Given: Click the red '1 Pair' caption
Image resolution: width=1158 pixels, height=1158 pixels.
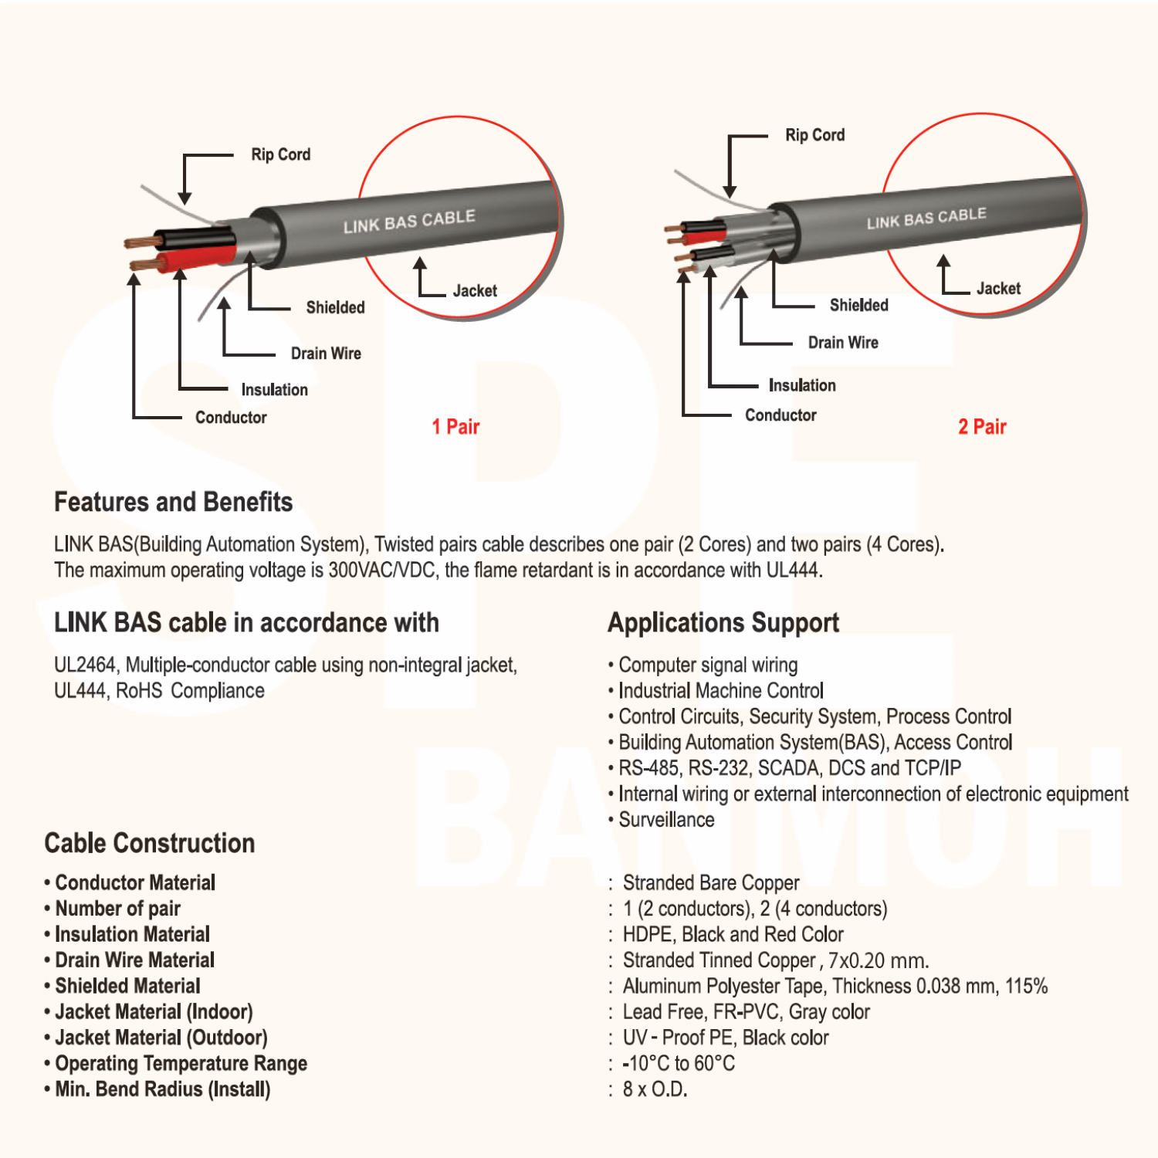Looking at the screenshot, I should pyautogui.click(x=455, y=426).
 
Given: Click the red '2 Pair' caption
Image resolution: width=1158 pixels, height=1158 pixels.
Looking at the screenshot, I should pyautogui.click(x=982, y=426).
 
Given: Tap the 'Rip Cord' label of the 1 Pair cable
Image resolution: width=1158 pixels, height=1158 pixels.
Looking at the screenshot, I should pyautogui.click(x=280, y=154).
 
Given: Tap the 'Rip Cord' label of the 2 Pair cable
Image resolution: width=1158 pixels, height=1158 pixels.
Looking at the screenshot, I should pyautogui.click(x=814, y=135).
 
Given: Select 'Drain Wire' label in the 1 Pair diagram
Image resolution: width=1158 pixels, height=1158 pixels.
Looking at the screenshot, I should pyautogui.click(x=326, y=354).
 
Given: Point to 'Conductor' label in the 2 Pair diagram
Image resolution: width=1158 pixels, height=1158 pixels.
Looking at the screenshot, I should pyautogui.click(x=780, y=415).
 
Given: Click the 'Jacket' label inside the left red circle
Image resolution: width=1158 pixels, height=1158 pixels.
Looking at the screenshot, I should pyautogui.click(x=475, y=291).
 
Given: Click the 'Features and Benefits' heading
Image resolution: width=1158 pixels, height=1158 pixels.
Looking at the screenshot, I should pyautogui.click(x=173, y=503).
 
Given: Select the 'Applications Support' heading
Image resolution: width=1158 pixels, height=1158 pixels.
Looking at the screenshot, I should pyautogui.click(x=723, y=623).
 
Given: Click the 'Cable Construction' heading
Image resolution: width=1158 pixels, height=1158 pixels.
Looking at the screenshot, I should pyautogui.click(x=150, y=843).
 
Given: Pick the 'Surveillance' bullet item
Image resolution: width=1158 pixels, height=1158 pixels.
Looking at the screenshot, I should pyautogui.click(x=666, y=820).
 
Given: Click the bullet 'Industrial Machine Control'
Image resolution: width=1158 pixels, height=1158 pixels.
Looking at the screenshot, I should pyautogui.click(x=720, y=691).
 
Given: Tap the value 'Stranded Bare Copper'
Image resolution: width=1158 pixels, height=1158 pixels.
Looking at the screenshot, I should pyautogui.click(x=710, y=882).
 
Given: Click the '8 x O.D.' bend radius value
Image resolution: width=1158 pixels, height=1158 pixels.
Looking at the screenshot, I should pyautogui.click(x=655, y=1089).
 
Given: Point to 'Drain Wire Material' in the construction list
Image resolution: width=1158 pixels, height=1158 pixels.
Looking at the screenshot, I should pyautogui.click(x=135, y=960).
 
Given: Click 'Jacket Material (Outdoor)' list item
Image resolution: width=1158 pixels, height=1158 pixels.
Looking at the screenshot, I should pyautogui.click(x=161, y=1038).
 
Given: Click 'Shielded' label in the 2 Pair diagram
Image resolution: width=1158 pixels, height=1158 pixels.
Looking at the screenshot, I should pyautogui.click(x=858, y=305).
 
